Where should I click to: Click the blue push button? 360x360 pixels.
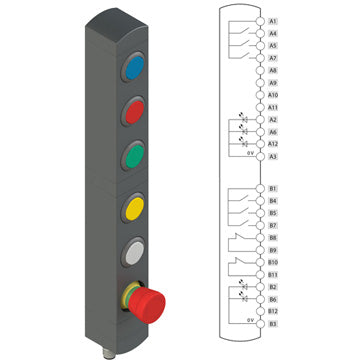135,68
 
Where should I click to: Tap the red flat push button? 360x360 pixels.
135,112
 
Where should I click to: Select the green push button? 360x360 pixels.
135,156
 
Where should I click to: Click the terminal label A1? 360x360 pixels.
273,21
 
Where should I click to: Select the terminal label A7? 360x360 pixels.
273,58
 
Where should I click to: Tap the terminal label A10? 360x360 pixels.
273,95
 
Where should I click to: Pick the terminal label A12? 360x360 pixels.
273,144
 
